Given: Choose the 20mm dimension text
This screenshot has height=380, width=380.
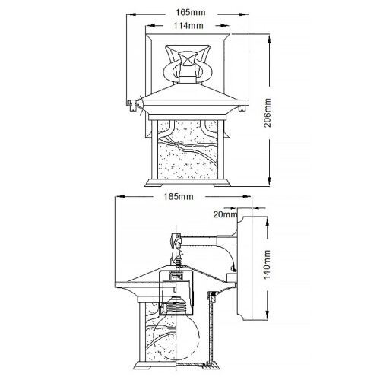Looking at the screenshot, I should [x=224, y=214].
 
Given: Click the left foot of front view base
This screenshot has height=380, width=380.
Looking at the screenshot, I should [x=150, y=184].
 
